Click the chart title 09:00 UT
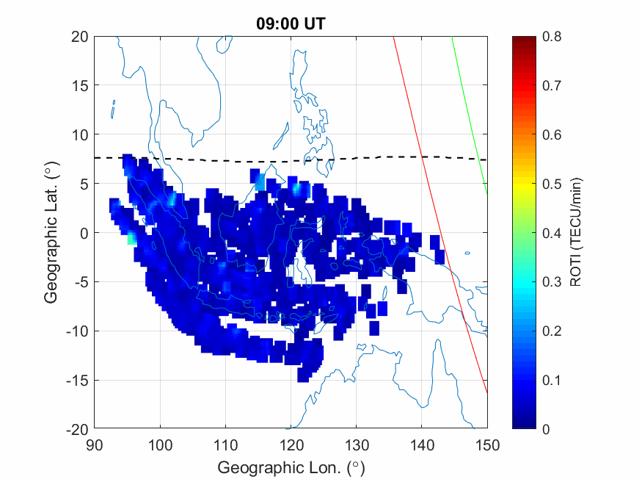[291, 24]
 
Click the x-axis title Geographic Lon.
[291, 467]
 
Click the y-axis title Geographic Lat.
[51, 233]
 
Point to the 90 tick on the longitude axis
[94, 445]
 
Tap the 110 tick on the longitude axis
[225, 445]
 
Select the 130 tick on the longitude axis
[356, 445]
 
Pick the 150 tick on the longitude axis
[487, 445]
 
